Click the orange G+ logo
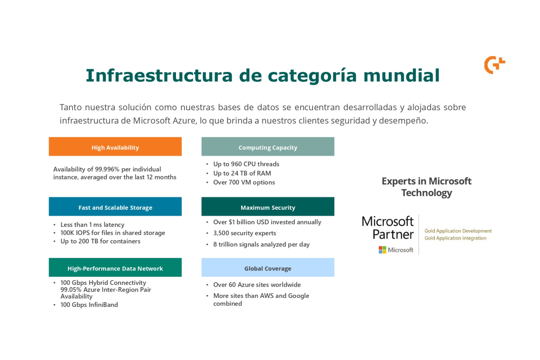tap(494, 65)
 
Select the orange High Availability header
tap(115, 147)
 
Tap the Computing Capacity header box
tap(268, 147)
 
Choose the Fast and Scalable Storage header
tap(115, 207)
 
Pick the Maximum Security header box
tap(268, 207)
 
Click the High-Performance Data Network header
tap(115, 268)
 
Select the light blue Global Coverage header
tap(268, 268)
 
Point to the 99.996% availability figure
tap(107, 169)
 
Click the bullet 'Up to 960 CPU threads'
tap(246, 164)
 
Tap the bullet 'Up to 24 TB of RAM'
tap(242, 173)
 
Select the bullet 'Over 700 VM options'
tap(244, 182)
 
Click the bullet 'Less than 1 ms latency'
tap(92, 225)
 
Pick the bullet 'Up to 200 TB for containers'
tap(100, 241)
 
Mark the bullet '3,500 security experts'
tap(244, 233)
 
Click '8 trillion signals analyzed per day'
tap(261, 244)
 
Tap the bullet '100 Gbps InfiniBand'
tap(89, 305)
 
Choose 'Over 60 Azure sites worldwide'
tap(257, 285)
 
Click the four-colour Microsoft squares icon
tap(382, 250)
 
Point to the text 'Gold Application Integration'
tap(455, 238)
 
